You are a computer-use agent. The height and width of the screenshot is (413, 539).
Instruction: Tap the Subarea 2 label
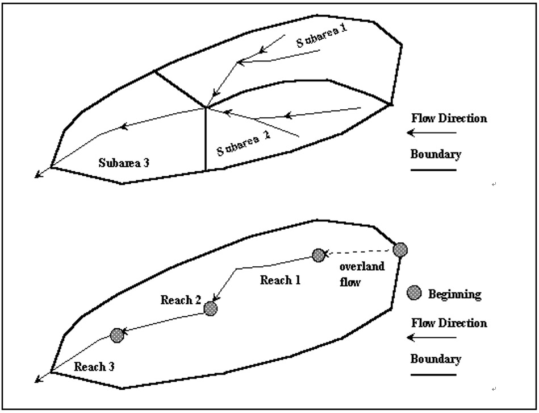click(x=244, y=144)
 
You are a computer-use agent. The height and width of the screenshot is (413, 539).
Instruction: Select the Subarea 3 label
click(x=124, y=163)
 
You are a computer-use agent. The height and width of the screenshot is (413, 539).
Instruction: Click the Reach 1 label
click(x=280, y=280)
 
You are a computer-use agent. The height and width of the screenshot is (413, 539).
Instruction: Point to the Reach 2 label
click(x=181, y=300)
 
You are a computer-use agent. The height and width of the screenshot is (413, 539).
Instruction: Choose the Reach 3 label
click(x=94, y=367)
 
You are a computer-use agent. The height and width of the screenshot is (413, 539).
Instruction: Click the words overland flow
click(x=362, y=274)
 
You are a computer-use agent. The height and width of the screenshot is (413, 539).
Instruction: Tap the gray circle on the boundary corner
click(x=400, y=250)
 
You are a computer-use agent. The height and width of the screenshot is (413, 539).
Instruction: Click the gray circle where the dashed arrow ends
click(x=319, y=255)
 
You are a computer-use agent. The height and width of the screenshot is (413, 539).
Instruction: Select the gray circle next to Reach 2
click(x=210, y=309)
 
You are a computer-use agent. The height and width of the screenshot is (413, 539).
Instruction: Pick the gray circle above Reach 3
click(x=117, y=335)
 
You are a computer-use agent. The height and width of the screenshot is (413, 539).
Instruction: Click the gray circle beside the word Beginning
click(x=414, y=293)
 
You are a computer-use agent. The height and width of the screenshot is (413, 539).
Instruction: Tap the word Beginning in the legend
click(x=454, y=295)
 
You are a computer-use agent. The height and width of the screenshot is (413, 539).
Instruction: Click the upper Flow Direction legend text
click(x=449, y=118)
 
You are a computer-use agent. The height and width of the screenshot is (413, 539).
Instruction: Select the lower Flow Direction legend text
click(x=449, y=323)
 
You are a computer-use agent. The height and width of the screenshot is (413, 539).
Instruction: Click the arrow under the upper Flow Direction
click(x=432, y=133)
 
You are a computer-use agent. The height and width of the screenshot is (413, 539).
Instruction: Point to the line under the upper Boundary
click(x=433, y=170)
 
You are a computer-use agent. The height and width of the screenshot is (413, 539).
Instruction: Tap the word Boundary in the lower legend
click(x=436, y=359)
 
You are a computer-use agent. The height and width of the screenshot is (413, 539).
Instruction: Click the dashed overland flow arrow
click(x=358, y=253)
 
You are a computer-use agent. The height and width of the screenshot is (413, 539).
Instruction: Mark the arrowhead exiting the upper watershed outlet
click(x=38, y=175)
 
